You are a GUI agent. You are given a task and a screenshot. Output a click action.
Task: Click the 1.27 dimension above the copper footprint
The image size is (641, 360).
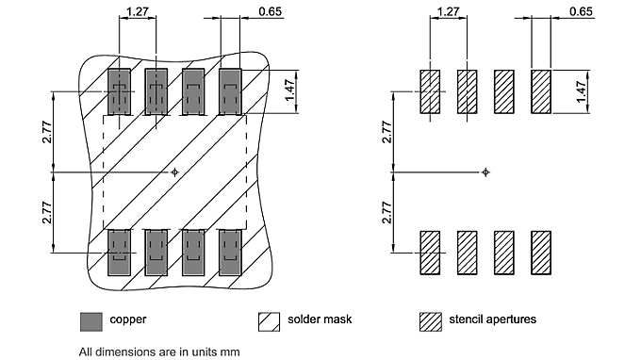coord(138,13)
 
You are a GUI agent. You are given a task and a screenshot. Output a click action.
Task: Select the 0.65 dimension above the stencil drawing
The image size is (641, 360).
coord(582,13)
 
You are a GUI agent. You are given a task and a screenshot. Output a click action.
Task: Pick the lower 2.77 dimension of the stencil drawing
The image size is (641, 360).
coord(386,212)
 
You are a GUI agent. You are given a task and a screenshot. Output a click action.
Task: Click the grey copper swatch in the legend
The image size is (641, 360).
coord(91,320)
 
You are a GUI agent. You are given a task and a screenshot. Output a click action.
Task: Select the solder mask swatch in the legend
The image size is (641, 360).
coord(270,320)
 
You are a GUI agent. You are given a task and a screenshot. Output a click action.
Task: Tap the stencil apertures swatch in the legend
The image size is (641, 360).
coord(430,320)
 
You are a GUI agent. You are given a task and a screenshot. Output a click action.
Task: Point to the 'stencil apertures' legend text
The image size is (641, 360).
coord(493,319)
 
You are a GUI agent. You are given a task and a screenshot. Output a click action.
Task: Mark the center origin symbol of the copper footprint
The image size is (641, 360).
coord(174,172)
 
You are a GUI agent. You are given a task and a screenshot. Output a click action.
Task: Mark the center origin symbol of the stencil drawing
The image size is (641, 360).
coord(485,172)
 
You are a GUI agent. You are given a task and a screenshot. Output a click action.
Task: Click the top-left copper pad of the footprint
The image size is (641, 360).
coord(119,91)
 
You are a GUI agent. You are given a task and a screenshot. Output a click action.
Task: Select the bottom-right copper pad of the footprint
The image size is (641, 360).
coord(229,252)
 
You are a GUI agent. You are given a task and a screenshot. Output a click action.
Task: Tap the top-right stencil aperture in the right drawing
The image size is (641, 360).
coord(541,91)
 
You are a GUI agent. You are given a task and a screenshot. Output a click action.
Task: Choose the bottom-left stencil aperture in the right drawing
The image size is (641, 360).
coord(430,253)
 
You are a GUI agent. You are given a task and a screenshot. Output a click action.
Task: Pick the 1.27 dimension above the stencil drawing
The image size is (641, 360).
coord(448,13)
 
